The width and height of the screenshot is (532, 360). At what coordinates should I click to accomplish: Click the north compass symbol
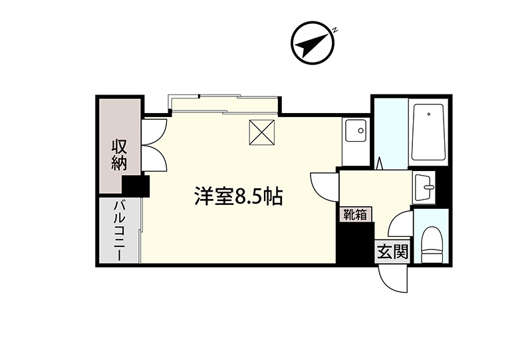pyautogui.click(x=313, y=43)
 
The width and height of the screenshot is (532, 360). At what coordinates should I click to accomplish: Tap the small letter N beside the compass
pyautogui.click(x=334, y=30)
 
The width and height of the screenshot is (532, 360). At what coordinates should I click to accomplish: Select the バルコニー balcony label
pyautogui.click(x=118, y=231)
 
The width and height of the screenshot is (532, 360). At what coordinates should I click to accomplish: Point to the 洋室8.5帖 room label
pyautogui.click(x=239, y=196)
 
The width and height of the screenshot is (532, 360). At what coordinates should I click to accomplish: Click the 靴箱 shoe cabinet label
pyautogui.click(x=355, y=215)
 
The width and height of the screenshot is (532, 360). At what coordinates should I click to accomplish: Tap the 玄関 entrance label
pyautogui.click(x=392, y=252)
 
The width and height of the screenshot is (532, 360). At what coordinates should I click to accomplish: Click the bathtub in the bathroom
pyautogui.click(x=428, y=132)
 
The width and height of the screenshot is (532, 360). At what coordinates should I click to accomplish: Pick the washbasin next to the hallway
pyautogui.click(x=424, y=188)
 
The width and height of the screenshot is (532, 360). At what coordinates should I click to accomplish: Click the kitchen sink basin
pyautogui.click(x=356, y=130)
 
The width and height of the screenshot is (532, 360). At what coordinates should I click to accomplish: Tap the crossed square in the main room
pyautogui.click(x=261, y=132)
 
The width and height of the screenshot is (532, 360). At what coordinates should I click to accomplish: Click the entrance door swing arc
pyautogui.click(x=392, y=279)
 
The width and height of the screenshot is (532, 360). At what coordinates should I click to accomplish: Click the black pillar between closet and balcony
pyautogui.click(x=136, y=186)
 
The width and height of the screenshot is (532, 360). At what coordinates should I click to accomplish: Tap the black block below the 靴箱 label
pyautogui.click(x=355, y=242)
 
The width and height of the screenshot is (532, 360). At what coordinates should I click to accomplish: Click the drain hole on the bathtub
pyautogui.click(x=429, y=114)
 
